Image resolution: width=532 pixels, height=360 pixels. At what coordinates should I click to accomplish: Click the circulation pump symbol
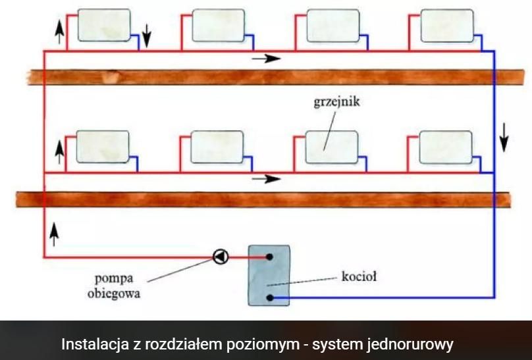coord(221,257)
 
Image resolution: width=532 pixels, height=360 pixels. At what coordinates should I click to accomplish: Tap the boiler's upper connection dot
coord(269,257)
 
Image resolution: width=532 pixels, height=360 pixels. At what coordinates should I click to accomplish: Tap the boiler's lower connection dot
coord(270,298)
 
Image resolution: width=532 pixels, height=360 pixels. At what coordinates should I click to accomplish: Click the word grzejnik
coord(336,102)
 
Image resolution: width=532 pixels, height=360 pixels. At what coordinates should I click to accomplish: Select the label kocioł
coord(359,276)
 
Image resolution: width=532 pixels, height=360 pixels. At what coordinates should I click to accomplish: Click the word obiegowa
coord(114,294)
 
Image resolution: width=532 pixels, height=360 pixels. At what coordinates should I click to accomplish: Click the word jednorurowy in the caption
coord(410,344)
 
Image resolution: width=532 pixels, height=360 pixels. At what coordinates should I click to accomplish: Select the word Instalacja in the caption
coord(95,344)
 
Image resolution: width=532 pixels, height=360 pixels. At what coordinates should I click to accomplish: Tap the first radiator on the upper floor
coord(104,26)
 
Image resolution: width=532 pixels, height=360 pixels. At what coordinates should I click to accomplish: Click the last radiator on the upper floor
coord(447,26)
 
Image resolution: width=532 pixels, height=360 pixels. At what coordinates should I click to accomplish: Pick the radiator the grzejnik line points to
coord(332,147)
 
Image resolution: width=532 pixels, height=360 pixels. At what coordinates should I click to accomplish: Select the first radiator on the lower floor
coord(103,147)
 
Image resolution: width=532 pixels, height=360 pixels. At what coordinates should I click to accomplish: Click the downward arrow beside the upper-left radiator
coord(146,36)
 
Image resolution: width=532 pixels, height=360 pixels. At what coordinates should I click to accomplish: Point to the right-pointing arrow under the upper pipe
coord(267,59)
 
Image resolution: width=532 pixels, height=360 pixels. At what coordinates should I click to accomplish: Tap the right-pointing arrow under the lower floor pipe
coord(267,179)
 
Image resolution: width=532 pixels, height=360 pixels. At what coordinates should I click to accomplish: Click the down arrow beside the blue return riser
coord(504,138)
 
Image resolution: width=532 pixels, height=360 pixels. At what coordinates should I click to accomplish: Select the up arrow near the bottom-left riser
coord(54,234)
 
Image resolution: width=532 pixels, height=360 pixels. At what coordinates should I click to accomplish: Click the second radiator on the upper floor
coord(219,26)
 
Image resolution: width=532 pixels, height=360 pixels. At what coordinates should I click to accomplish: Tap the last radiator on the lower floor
coord(446,147)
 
